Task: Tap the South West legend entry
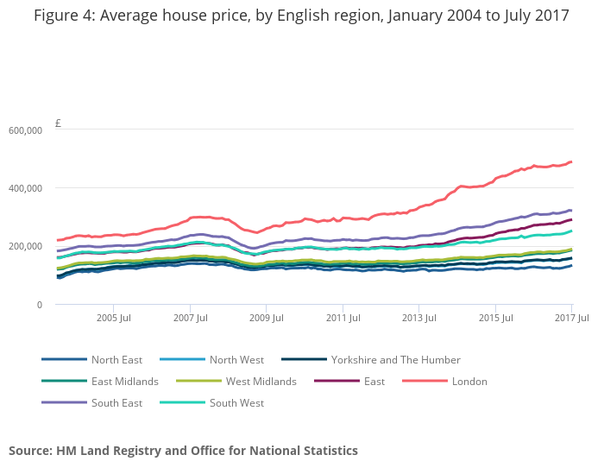tap(236, 403)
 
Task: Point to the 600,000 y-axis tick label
tap(25, 130)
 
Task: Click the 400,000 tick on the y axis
tap(25, 188)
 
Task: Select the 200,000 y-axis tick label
tap(25, 246)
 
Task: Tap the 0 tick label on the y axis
tap(38, 305)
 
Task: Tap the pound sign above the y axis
tap(58, 123)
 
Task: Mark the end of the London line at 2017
tap(571, 162)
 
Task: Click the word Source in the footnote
tap(29, 451)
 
